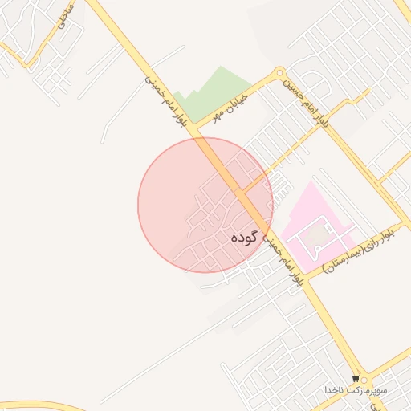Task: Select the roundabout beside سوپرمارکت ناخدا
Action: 367,380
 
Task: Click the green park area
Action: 217,92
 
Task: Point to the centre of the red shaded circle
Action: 205,205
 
